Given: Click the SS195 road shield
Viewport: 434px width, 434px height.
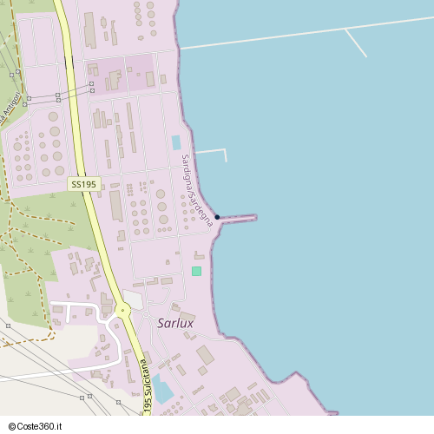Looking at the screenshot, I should click(84, 184).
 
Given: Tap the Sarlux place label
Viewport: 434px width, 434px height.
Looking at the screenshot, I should click(175, 323).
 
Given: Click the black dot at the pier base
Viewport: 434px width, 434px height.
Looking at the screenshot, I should click(217, 217).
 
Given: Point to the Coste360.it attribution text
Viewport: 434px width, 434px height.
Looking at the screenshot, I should click(35, 426).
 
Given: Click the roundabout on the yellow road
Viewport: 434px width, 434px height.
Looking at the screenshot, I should click(122, 309).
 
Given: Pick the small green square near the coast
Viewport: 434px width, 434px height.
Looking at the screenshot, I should click(196, 272).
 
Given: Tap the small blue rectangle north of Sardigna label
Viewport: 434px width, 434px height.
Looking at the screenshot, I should click(176, 142).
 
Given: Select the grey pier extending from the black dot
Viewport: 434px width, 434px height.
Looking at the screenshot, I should click(239, 217).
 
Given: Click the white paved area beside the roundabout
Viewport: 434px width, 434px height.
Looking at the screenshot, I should click(134, 298).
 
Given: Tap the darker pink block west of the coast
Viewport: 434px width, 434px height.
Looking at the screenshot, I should click(122, 73).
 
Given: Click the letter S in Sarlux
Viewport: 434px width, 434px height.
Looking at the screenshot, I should click(161, 323).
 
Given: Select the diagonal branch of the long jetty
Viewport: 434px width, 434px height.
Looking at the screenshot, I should click(356, 43).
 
